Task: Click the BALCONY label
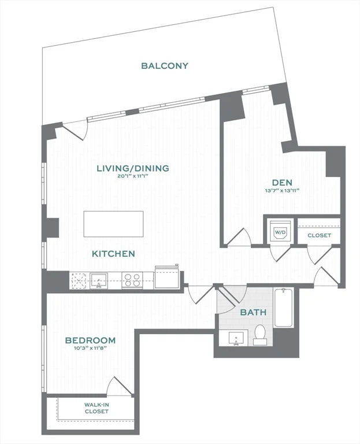coord(165,66)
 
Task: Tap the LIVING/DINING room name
coord(133,168)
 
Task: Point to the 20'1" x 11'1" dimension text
coord(133,177)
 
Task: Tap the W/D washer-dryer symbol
coord(280,232)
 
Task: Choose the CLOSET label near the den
coord(319,235)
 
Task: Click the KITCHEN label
coord(113,254)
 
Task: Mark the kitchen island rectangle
coord(113,224)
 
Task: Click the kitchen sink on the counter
coord(99,280)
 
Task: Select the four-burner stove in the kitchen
coord(132,280)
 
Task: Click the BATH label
coord(254,312)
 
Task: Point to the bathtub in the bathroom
coord(284,308)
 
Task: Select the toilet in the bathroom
coord(260,334)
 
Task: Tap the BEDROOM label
coord(90,341)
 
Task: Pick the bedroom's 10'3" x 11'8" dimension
coord(90,349)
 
